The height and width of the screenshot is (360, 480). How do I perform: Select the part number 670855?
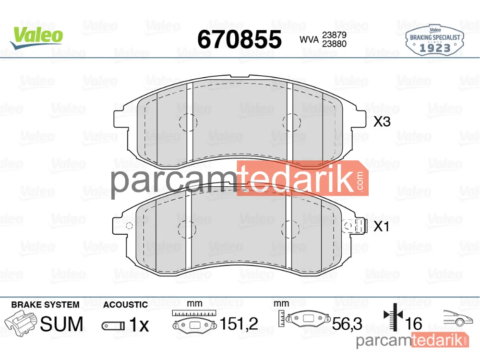coord(240,39)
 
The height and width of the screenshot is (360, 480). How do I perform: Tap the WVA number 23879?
coord(334,35)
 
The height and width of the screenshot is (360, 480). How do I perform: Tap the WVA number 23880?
coord(334,44)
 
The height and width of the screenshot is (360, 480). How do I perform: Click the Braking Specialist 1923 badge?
coord(435,41)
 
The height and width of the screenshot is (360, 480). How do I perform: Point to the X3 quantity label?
coord(382,122)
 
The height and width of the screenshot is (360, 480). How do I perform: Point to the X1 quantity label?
coord(382,227)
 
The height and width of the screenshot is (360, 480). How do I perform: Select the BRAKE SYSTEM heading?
coord(45,305)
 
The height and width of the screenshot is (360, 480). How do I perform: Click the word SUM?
coord(62,324)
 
